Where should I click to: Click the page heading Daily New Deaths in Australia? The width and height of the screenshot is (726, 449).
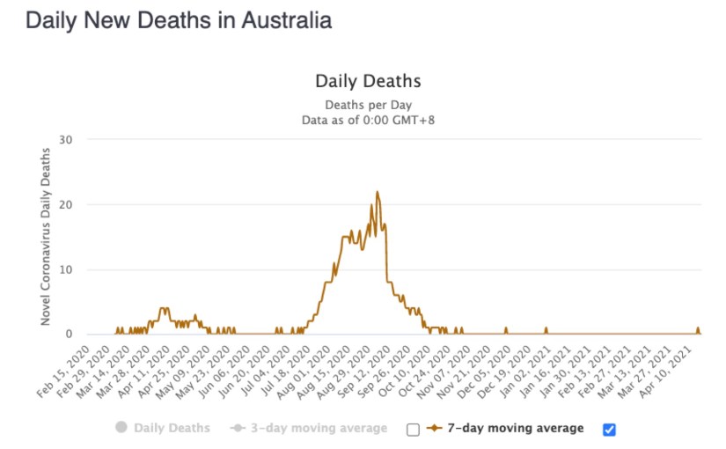(179, 21)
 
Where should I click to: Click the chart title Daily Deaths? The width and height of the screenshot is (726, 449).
(368, 81)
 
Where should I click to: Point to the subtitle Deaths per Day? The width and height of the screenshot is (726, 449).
(368, 104)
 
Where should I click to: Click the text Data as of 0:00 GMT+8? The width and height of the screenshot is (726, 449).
(368, 119)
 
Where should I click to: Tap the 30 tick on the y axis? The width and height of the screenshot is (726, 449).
(66, 140)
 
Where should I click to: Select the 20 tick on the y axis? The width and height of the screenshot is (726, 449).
(66, 205)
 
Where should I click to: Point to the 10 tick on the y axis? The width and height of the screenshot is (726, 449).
(66, 269)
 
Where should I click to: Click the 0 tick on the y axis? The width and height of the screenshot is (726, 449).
(69, 335)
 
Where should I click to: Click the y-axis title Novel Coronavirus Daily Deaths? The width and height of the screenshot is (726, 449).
(46, 237)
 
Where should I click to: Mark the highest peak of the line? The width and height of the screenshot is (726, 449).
(378, 192)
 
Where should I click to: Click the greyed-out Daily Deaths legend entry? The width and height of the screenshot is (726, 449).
(172, 429)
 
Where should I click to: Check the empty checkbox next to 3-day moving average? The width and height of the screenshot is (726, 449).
(413, 430)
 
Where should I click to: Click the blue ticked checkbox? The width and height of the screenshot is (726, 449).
(610, 430)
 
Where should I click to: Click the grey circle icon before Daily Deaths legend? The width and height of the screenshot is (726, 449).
(121, 429)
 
